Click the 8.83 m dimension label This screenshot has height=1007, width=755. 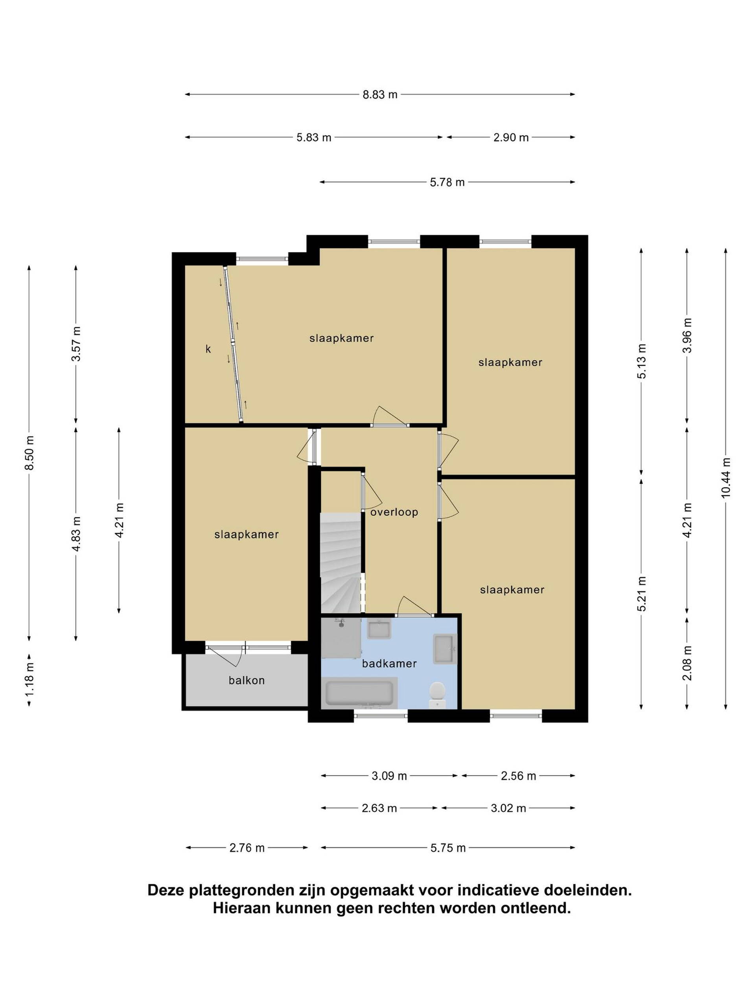click(379, 95)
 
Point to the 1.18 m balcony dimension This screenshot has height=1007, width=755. click(29, 679)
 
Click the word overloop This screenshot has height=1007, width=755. click(394, 512)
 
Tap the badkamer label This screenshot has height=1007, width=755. click(389, 663)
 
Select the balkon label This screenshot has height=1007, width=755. click(247, 680)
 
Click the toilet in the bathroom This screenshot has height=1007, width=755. click(437, 695)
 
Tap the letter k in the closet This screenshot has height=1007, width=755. click(208, 349)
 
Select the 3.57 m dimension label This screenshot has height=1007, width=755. click(76, 344)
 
